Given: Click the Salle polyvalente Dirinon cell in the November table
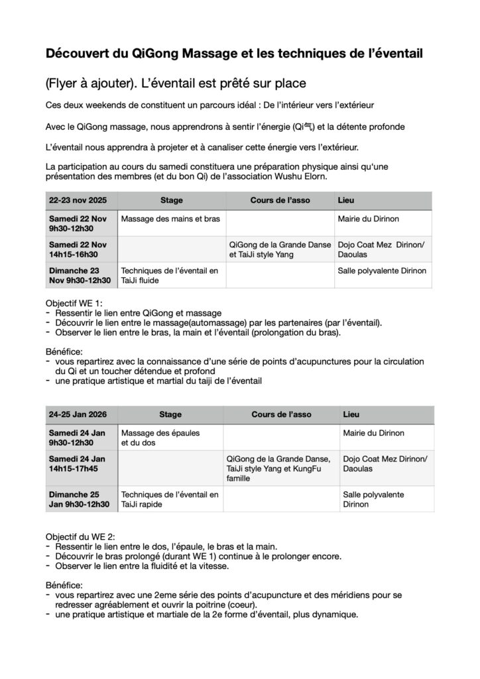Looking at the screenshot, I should [x=382, y=271].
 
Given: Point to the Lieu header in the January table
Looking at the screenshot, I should [x=351, y=414].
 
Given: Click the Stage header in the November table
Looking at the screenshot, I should [x=171, y=200].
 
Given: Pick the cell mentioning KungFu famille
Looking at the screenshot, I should [x=281, y=468].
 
